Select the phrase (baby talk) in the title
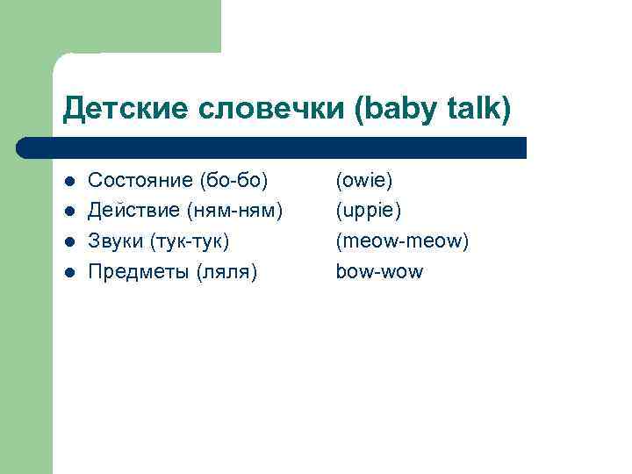pyautogui.click(x=431, y=109)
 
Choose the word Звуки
pyautogui.click(x=117, y=241)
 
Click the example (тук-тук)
pyautogui.click(x=190, y=241)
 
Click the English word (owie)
pyautogui.click(x=364, y=180)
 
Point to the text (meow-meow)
pyautogui.click(x=402, y=241)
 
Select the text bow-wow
pyautogui.click(x=379, y=272)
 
